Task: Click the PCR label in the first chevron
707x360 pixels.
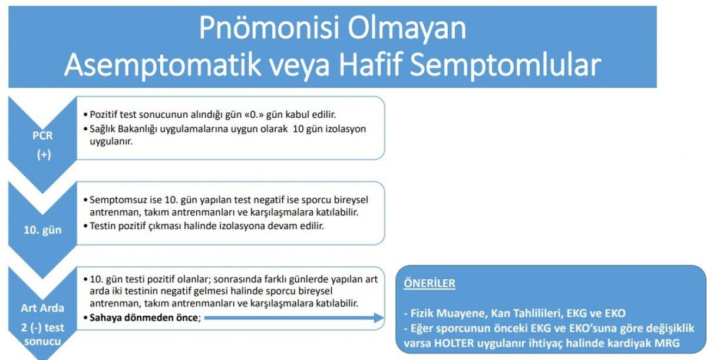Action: (42, 136)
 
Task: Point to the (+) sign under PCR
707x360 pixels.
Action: (42, 156)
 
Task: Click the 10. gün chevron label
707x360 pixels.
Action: (42, 230)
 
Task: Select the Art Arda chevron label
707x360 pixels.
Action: (42, 308)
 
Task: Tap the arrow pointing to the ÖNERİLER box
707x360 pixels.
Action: (295, 318)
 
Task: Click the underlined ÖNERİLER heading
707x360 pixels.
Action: (429, 283)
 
